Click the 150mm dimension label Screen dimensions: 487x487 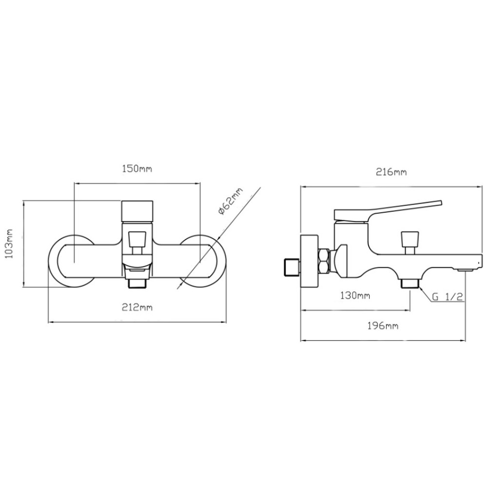coord(137,169)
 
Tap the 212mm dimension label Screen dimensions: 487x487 coord(137,307)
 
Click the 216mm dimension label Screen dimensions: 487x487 coord(391,172)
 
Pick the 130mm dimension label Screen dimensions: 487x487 coord(355,295)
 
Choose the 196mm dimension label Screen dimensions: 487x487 coord(383,326)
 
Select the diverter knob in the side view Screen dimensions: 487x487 coord(410,243)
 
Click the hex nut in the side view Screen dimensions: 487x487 coord(324,261)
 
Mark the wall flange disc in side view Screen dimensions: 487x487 coord(309,261)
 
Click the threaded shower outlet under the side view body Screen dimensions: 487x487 coord(410,283)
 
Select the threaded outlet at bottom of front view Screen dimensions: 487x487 coord(137,282)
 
